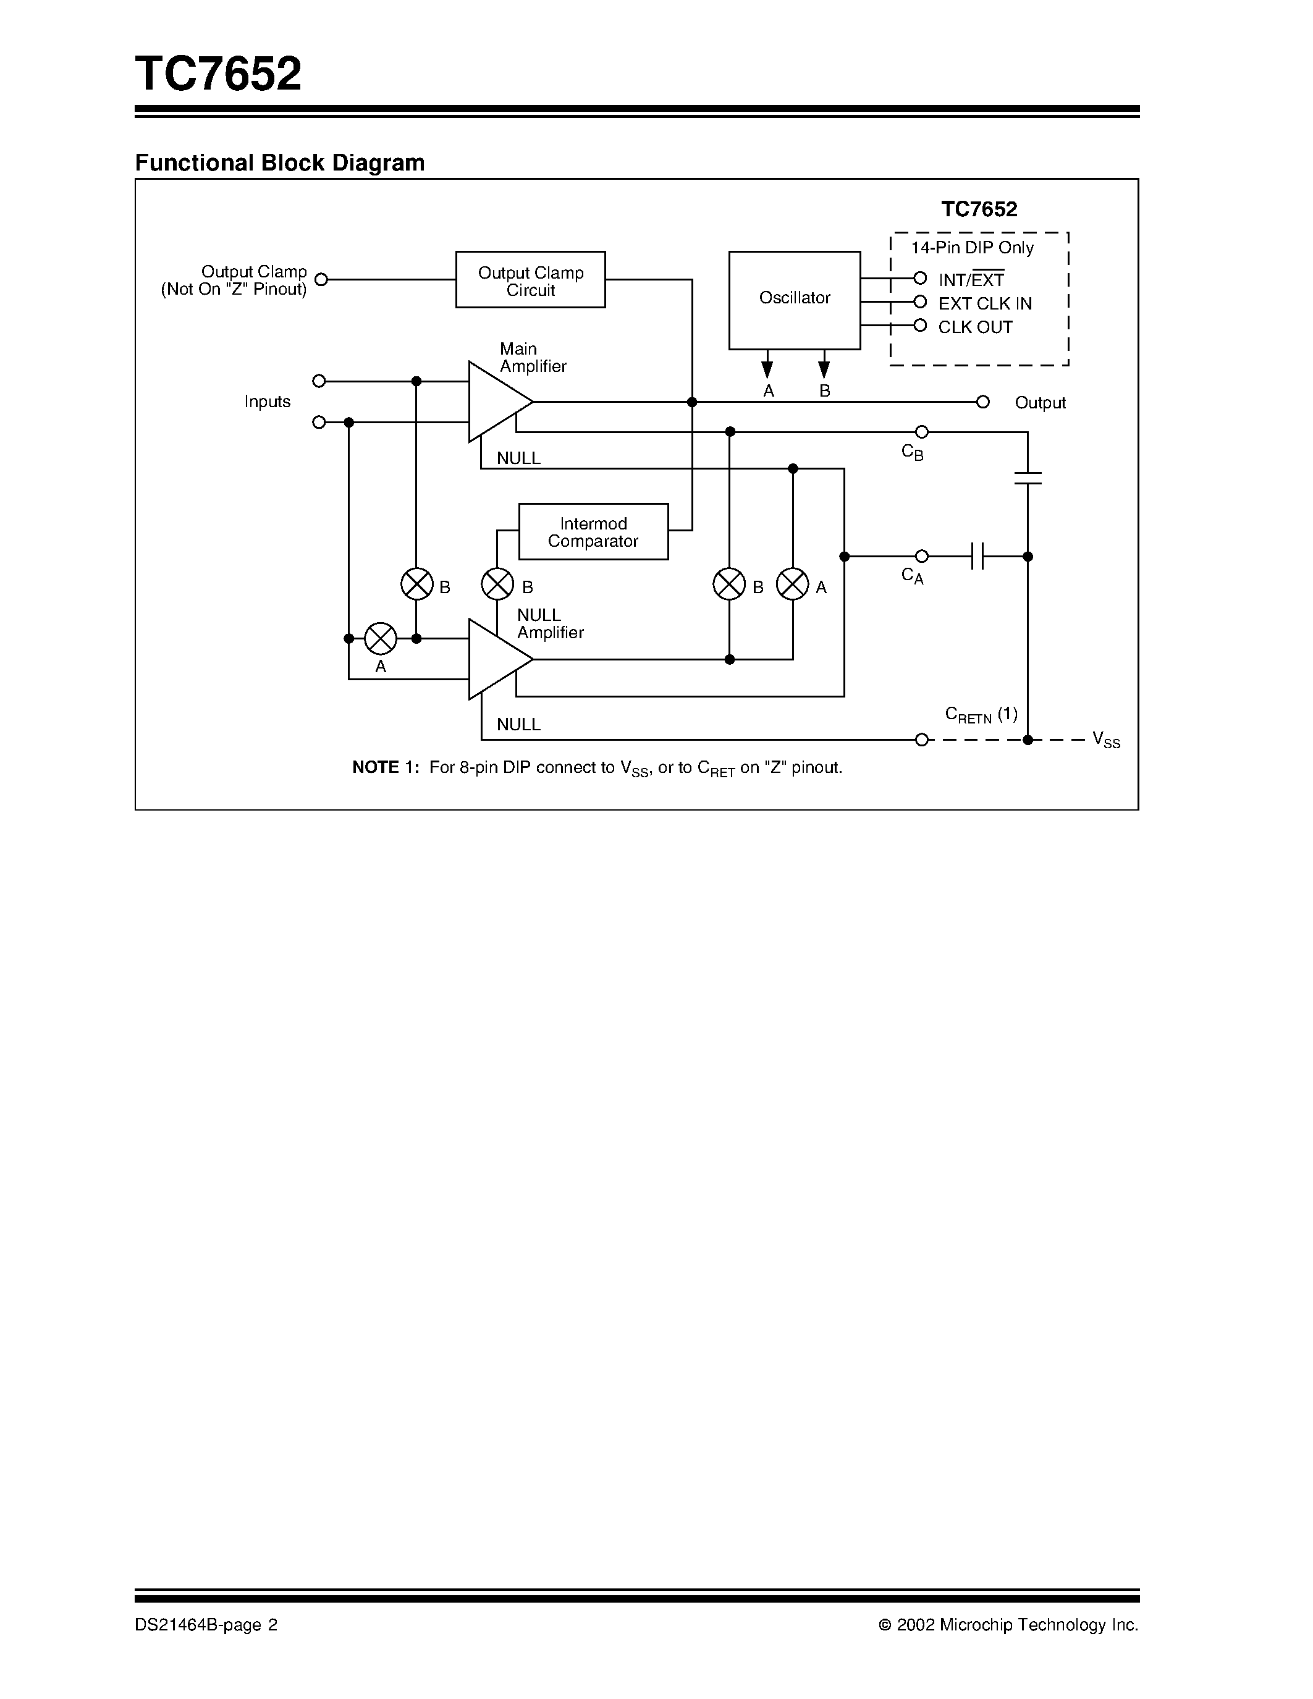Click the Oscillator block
794,300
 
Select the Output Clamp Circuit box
531,280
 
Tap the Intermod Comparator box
593,532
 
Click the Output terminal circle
982,402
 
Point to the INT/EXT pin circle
920,279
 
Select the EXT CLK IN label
985,304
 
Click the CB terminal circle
922,432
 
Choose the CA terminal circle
922,556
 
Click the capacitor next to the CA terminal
977,556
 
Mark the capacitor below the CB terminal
1028,478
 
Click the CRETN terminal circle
922,740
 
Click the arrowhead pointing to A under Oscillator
767,369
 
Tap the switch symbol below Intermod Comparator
498,584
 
